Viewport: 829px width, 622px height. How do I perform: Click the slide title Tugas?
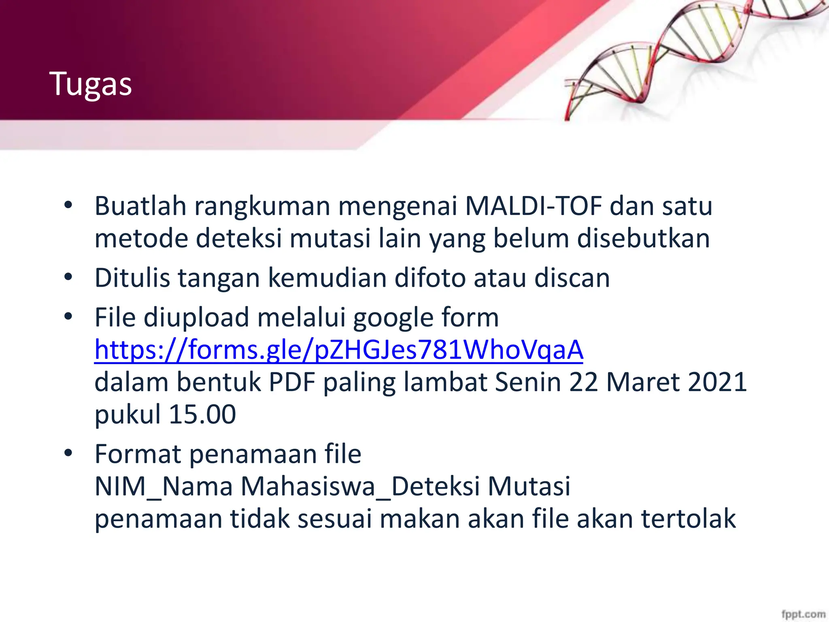pyautogui.click(x=91, y=84)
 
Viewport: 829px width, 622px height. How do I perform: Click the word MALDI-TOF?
pyautogui.click(x=534, y=206)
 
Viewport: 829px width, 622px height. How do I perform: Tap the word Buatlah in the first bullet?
pyautogui.click(x=140, y=206)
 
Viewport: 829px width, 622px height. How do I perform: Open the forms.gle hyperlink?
pyautogui.click(x=338, y=349)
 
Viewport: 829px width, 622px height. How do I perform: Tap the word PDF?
pyautogui.click(x=292, y=381)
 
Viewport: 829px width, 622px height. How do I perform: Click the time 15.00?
pyautogui.click(x=202, y=414)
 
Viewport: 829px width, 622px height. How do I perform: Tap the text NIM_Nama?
pyautogui.click(x=163, y=486)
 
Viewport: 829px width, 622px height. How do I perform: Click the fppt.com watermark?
pyautogui.click(x=803, y=614)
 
